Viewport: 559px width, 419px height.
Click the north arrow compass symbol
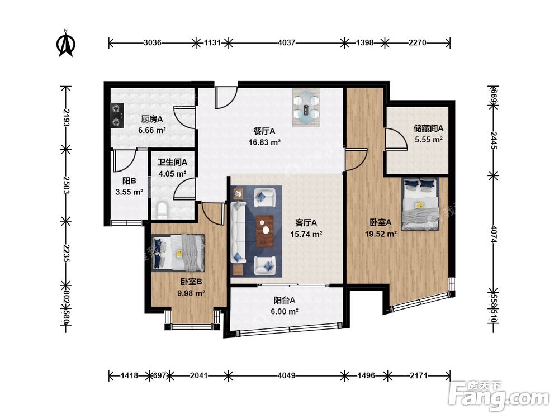point(66,44)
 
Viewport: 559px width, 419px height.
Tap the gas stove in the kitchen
point(117,116)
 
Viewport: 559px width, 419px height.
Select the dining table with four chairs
point(306,107)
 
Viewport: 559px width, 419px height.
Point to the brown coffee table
point(265,231)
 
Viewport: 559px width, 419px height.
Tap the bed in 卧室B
point(178,253)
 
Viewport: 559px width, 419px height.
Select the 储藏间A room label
point(429,128)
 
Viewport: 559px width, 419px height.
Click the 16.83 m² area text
point(264,142)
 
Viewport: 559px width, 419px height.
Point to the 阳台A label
point(284,301)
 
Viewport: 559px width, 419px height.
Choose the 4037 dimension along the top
point(287,43)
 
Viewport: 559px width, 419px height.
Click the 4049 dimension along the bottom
point(287,375)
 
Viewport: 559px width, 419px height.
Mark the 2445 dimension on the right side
point(494,140)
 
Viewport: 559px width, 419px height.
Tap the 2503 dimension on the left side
point(65,185)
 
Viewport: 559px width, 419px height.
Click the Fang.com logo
point(499,396)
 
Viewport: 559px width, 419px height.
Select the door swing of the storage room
point(396,139)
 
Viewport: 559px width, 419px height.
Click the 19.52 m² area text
point(381,234)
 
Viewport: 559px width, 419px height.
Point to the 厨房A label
point(152,119)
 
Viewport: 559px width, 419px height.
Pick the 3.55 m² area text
point(129,192)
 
